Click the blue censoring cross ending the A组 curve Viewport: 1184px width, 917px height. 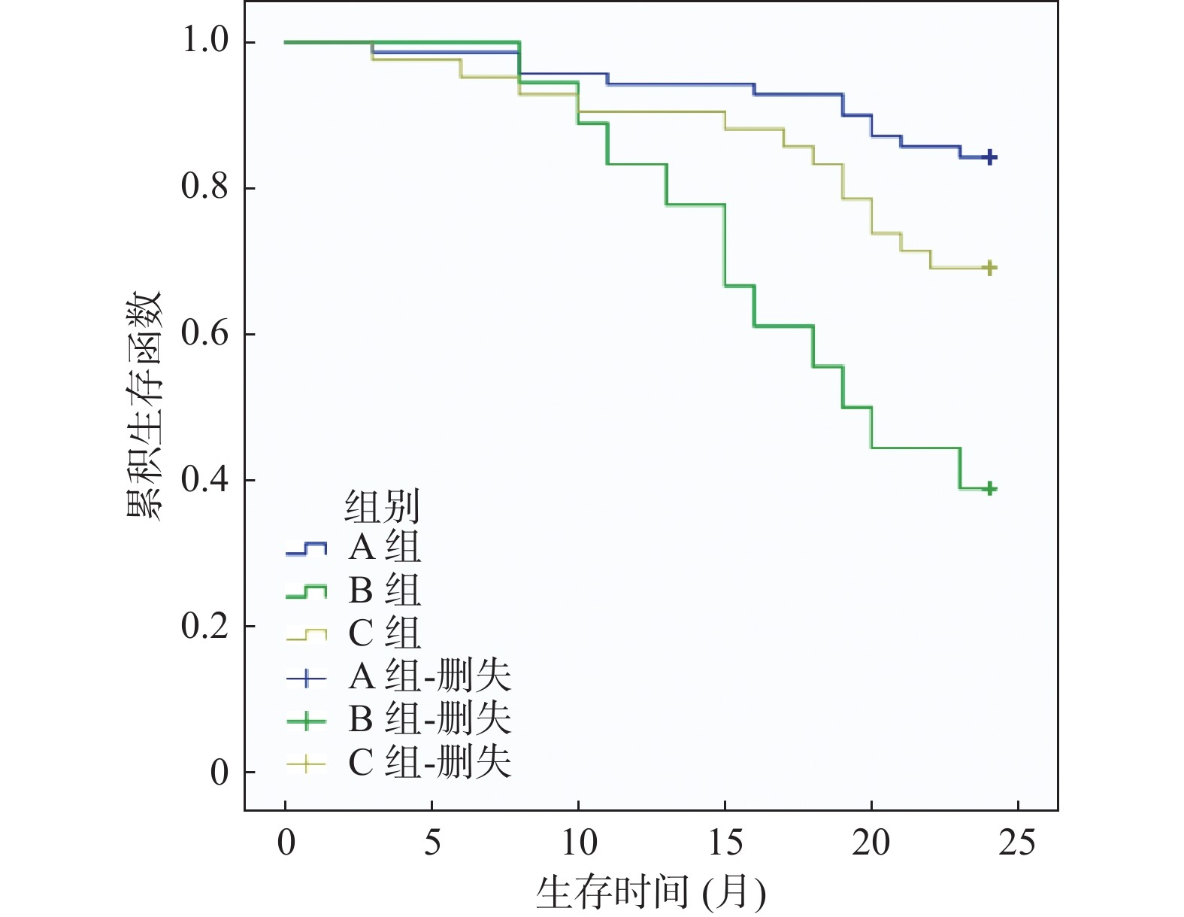tap(990, 157)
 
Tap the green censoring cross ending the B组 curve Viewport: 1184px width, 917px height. tap(990, 488)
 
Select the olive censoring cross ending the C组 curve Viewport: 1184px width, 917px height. tap(990, 268)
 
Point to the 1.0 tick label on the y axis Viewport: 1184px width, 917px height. tap(205, 41)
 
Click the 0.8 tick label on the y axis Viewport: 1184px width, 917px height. tap(205, 187)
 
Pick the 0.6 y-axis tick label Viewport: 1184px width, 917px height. tap(205, 333)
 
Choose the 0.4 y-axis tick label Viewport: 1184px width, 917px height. tap(205, 479)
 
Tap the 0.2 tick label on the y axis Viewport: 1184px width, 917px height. tap(205, 625)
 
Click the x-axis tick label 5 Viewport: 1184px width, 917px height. tap(432, 843)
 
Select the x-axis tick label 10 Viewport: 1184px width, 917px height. tap(579, 843)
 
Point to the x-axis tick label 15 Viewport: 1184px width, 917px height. tap(725, 843)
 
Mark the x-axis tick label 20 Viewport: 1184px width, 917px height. tap(871, 843)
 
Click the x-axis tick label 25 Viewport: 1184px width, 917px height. tap(1017, 843)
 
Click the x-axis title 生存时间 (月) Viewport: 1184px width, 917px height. tap(651, 893)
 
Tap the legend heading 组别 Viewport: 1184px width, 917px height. tap(382, 506)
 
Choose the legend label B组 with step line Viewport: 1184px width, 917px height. tap(384, 591)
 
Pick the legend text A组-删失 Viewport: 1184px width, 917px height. tap(429, 676)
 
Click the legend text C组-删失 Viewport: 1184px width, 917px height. tap(429, 763)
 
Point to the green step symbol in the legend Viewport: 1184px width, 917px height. tap(306, 592)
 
